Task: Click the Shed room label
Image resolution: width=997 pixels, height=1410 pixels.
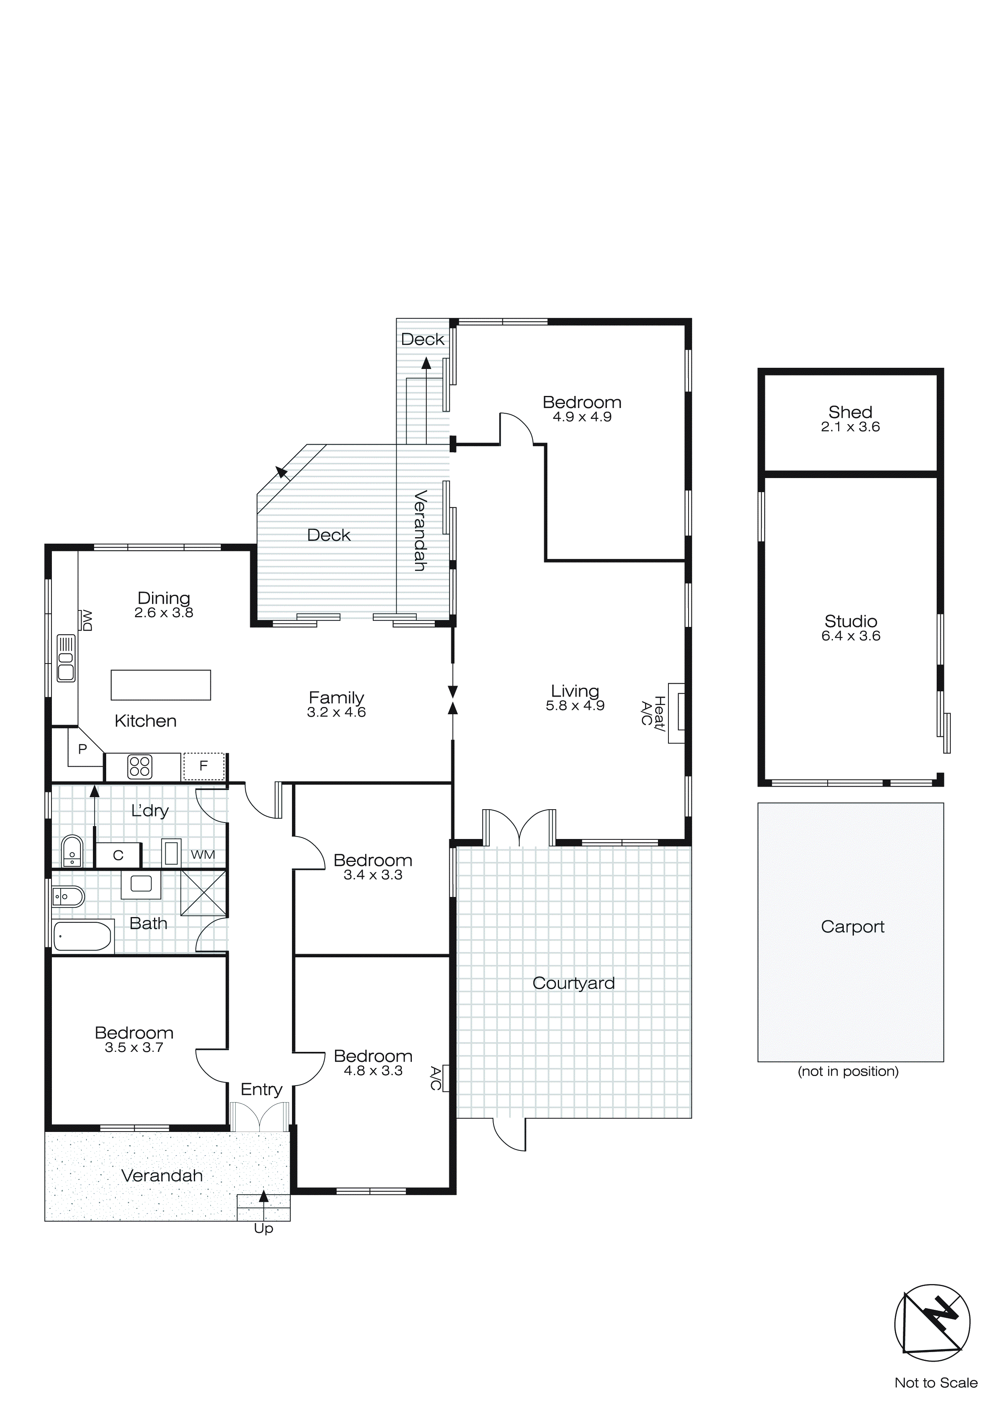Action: pyautogui.click(x=850, y=412)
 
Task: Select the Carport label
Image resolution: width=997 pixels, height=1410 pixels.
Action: pyautogui.click(x=852, y=927)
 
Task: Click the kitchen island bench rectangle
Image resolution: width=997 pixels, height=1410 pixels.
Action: pyautogui.click(x=161, y=685)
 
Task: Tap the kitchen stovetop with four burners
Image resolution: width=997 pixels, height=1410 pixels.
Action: pyautogui.click(x=140, y=767)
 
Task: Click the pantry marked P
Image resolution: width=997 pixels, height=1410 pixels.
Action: pyautogui.click(x=82, y=748)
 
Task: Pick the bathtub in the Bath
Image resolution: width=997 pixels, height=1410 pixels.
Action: pyautogui.click(x=82, y=936)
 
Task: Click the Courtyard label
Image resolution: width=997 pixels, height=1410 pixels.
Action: pyautogui.click(x=574, y=983)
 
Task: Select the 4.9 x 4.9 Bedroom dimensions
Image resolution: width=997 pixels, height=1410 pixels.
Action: pyautogui.click(x=582, y=417)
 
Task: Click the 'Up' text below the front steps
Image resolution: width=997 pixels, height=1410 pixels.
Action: pyautogui.click(x=263, y=1228)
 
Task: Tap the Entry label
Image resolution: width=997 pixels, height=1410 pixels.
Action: pyautogui.click(x=261, y=1089)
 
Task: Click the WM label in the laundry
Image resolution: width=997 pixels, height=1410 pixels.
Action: pyautogui.click(x=203, y=854)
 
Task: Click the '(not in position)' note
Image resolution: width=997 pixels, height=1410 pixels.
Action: pyautogui.click(x=848, y=1072)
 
